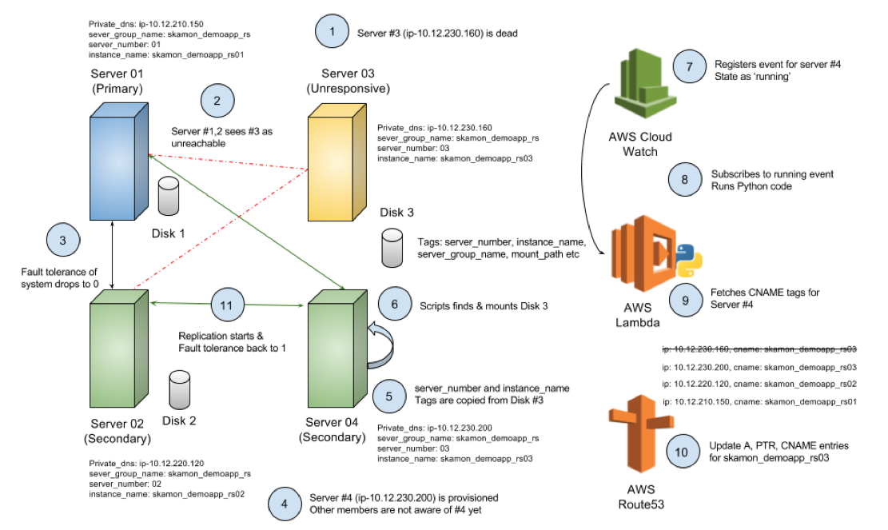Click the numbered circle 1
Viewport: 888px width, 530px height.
[x=333, y=32]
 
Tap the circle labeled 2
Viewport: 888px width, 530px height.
[x=217, y=101]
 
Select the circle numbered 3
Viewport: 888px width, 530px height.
[x=63, y=240]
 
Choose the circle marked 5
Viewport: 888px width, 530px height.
[x=389, y=396]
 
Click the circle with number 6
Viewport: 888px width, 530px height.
[x=395, y=304]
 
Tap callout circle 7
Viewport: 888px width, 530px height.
[x=690, y=66]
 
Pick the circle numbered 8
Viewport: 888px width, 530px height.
[x=685, y=180]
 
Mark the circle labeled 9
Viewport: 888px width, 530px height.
[x=685, y=301]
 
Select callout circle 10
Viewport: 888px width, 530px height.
[x=682, y=452]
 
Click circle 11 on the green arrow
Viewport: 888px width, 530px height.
[x=227, y=305]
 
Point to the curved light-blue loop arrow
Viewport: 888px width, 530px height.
[x=383, y=346]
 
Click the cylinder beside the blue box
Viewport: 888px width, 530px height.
[x=169, y=196]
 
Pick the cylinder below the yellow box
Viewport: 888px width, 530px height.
[x=392, y=248]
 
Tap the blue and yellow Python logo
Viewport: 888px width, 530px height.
[x=689, y=260]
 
